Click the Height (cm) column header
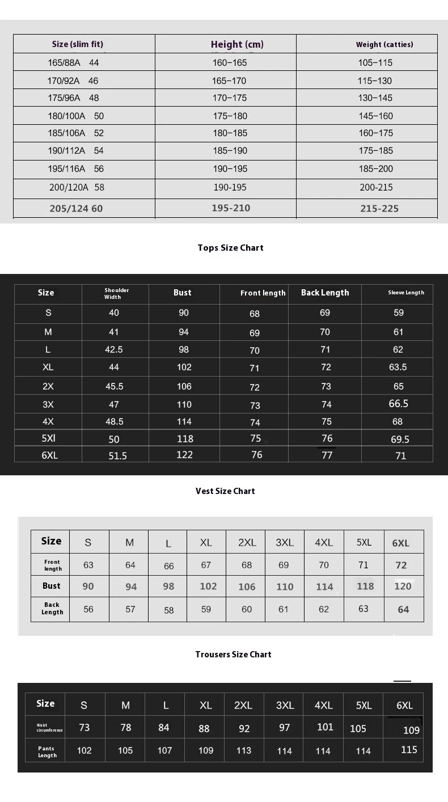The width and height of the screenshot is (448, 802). (x=237, y=44)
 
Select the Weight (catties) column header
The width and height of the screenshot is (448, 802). (x=384, y=44)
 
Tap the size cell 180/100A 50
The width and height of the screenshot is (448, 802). (x=75, y=116)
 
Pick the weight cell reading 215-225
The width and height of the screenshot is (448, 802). (x=379, y=208)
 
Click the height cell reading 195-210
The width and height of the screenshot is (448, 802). (x=231, y=208)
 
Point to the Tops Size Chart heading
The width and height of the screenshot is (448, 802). (x=230, y=247)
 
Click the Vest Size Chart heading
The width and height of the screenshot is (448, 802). (x=225, y=491)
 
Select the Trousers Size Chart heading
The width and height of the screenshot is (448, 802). (x=233, y=654)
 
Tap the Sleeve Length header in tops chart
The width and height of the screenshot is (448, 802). (x=406, y=293)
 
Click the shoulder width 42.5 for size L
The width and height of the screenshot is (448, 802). (x=114, y=349)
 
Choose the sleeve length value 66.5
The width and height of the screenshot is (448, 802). (x=398, y=403)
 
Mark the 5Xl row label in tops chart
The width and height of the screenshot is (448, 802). (x=48, y=438)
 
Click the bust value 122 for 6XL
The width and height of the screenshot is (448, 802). (x=184, y=454)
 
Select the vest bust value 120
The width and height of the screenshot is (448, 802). (x=403, y=586)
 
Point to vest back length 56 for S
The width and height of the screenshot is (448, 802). (x=88, y=609)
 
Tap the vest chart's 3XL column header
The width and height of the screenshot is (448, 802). (x=285, y=542)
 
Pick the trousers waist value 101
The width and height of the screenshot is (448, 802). (x=325, y=727)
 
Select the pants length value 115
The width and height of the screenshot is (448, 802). (x=409, y=749)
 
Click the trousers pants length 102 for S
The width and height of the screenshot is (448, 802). (x=84, y=750)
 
